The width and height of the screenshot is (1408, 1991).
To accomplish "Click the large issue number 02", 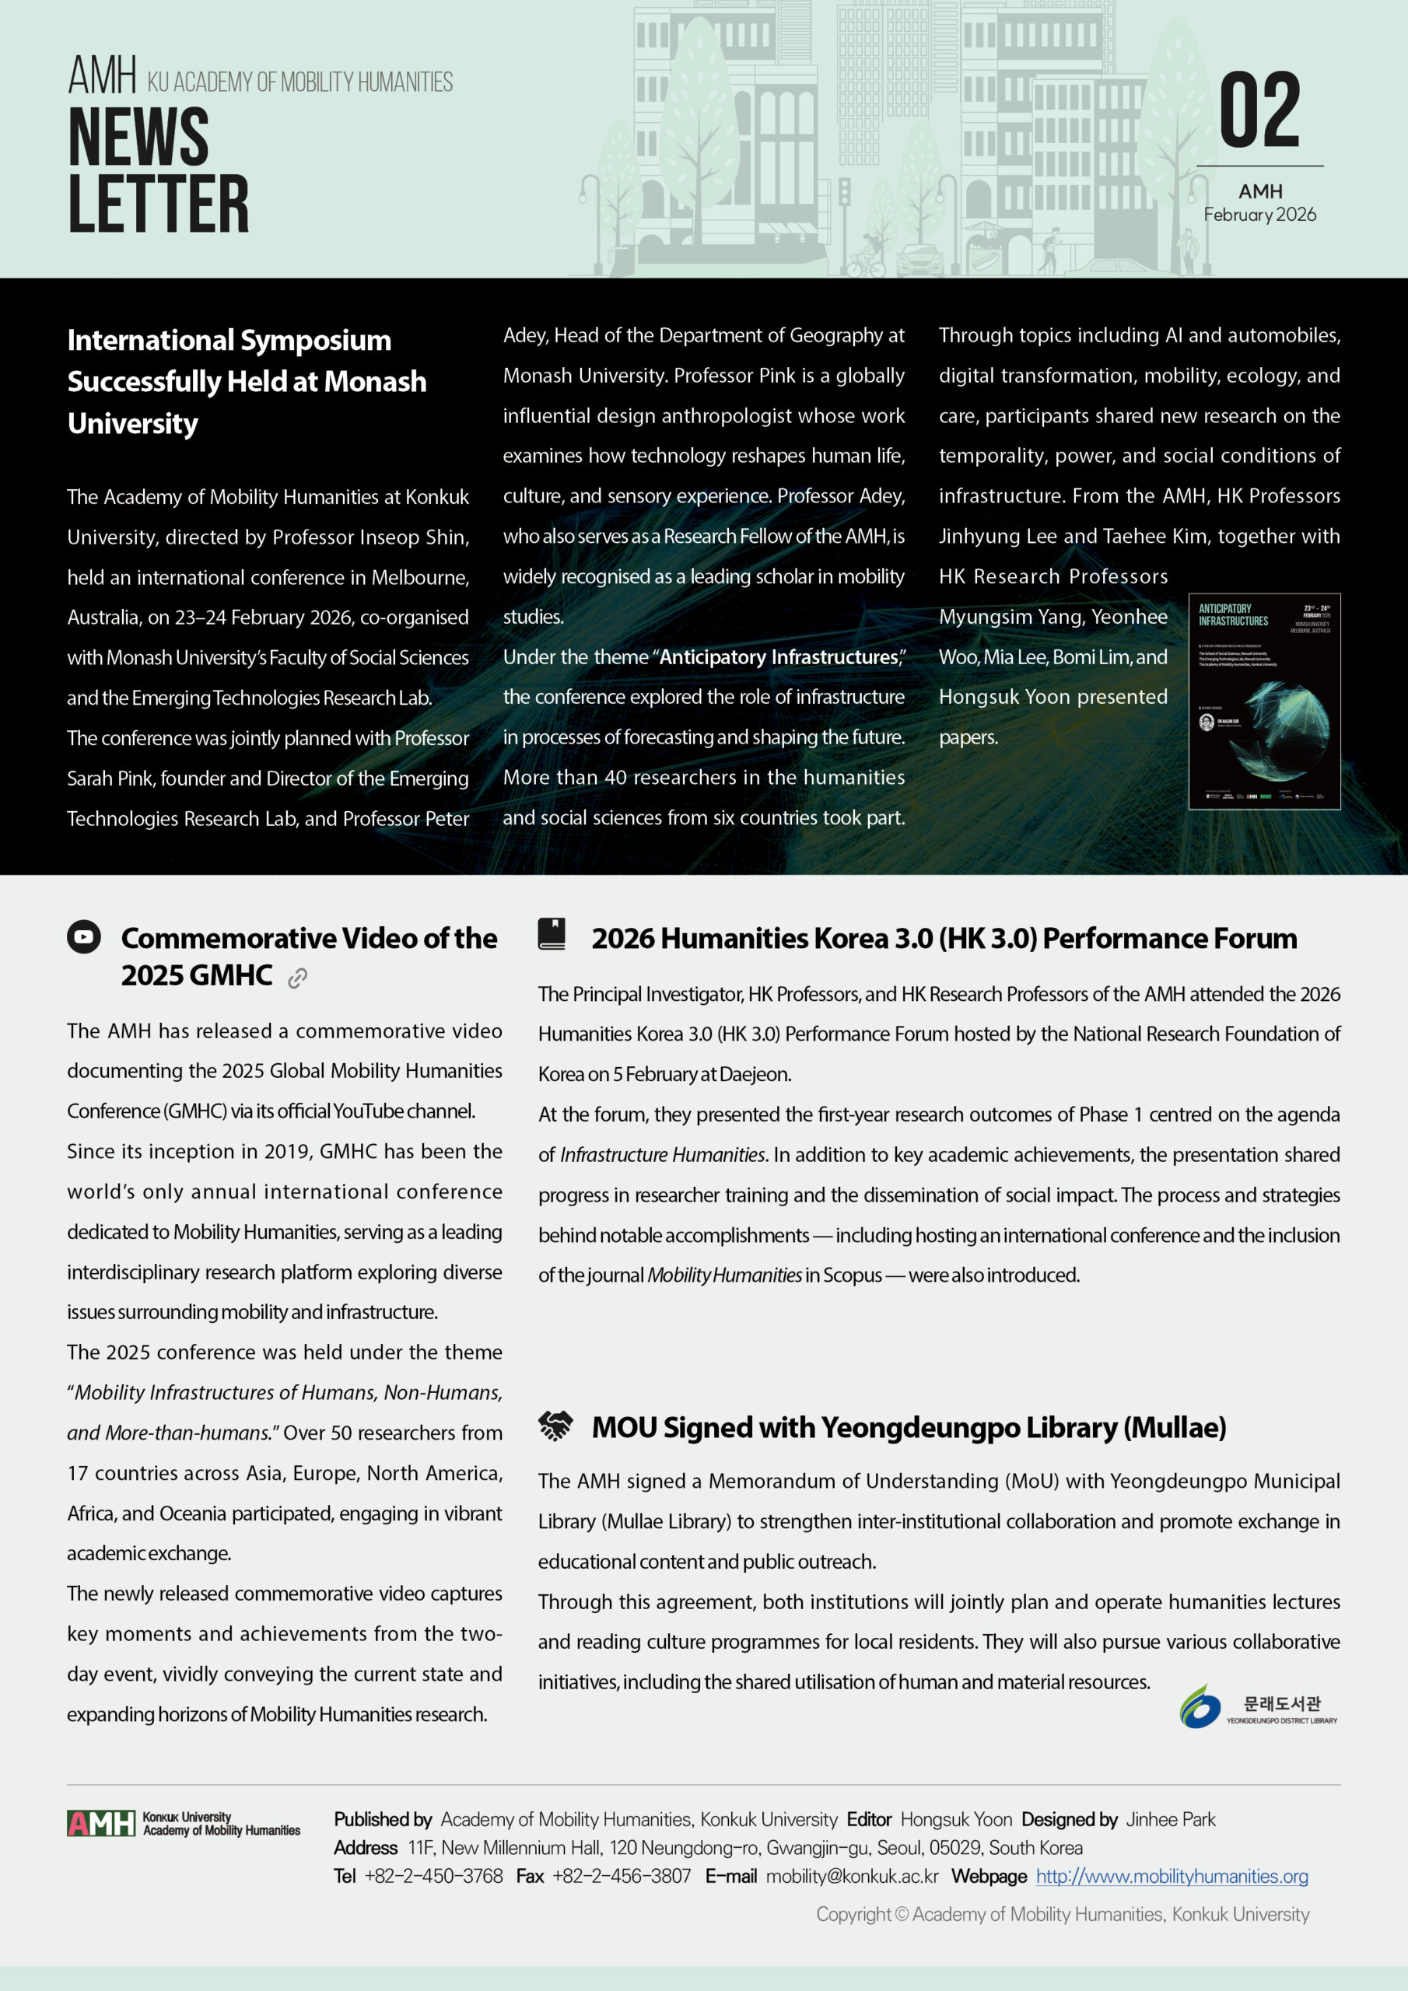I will point(1259,110).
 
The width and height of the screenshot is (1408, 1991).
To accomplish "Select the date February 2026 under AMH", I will point(1259,214).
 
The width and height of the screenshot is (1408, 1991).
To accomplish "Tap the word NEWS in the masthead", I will point(138,136).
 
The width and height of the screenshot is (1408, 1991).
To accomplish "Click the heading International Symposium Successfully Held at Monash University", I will point(247,382).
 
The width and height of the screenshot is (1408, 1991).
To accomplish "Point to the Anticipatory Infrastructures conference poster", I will point(1264,701).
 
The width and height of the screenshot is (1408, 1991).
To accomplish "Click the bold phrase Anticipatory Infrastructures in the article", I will point(778,657).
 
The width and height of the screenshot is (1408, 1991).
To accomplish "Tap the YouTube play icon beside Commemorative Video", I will point(84,936).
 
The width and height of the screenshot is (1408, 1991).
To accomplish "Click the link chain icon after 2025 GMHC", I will point(298,978).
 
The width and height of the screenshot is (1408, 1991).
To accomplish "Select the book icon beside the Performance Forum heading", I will point(552,934).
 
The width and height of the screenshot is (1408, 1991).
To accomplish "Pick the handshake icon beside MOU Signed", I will point(555,1426).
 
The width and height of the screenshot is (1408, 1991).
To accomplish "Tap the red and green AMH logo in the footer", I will point(101,1824).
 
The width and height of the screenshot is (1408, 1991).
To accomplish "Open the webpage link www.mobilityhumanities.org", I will point(1172,1876).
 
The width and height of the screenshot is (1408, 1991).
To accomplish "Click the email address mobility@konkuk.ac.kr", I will point(852,1876).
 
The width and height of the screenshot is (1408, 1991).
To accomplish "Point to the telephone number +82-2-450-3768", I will point(433,1876).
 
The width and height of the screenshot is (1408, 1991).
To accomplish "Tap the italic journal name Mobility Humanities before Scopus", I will point(724,1275).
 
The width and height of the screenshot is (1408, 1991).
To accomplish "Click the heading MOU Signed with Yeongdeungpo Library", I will point(909,1427).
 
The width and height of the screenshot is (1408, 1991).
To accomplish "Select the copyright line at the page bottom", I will point(1062,1914).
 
